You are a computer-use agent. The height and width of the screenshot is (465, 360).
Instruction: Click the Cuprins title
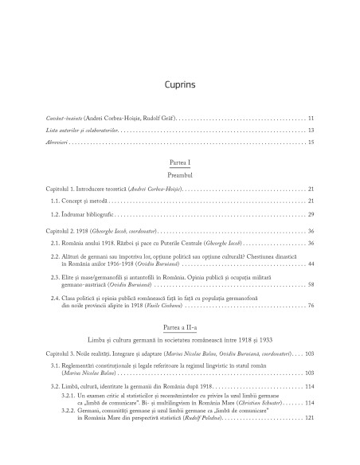[x=180, y=82]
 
